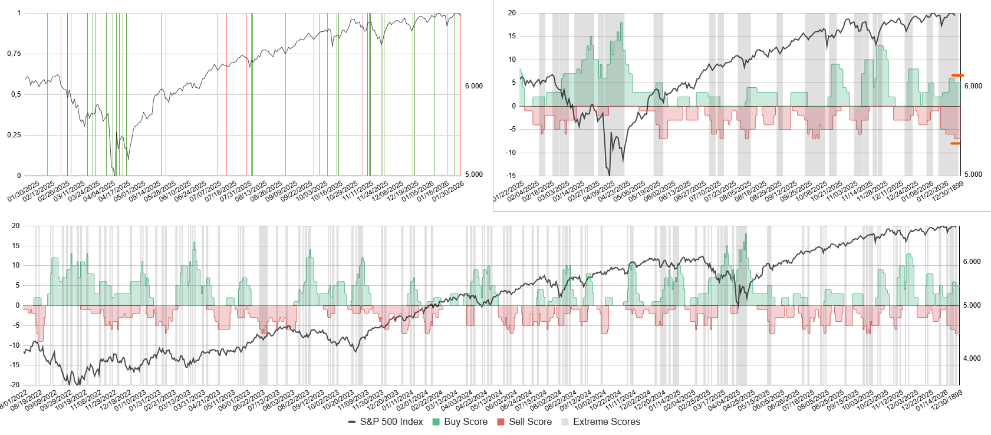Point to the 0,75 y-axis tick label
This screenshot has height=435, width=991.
tap(14, 54)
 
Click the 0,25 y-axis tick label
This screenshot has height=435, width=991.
tap(14, 135)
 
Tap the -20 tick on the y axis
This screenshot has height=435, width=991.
tap(15, 385)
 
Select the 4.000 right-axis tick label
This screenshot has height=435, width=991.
tap(972, 358)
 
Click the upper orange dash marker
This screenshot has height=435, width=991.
tap(957, 75)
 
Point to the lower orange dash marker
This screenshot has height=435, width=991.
tap(955, 143)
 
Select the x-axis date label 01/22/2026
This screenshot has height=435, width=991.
tap(933, 192)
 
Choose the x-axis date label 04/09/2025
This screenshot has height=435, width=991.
tap(599, 192)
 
